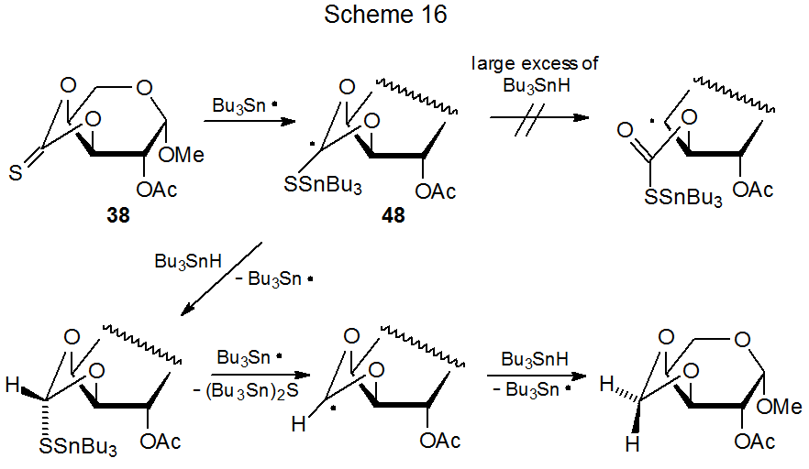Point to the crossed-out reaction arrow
tap(536, 118)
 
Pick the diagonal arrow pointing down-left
tap(220, 279)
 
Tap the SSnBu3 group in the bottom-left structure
tap(77, 449)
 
